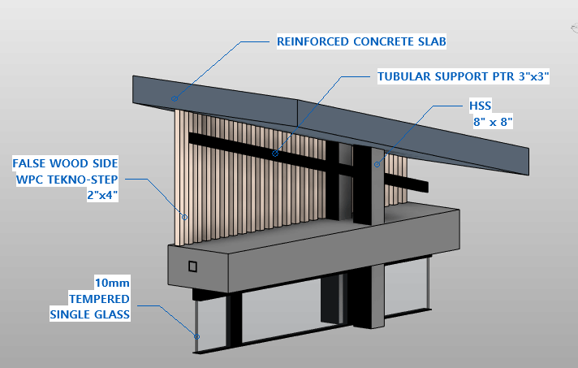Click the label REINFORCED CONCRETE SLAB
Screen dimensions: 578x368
coord(361,41)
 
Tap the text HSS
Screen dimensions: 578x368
coord(480,106)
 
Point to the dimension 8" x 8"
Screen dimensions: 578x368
coord(493,122)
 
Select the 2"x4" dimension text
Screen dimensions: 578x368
coord(102,195)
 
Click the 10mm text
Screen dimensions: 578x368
coord(112,283)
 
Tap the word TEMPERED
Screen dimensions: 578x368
coord(99,299)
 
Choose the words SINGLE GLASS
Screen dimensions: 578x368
coord(90,314)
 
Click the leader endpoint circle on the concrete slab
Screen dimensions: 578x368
coord(175,98)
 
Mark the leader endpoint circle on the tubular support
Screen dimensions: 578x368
coord(275,154)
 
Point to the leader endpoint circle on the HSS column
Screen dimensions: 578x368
coord(377,164)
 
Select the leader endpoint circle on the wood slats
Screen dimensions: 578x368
coord(184,217)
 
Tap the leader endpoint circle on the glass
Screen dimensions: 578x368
coord(196,336)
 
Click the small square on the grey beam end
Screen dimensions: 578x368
coord(192,266)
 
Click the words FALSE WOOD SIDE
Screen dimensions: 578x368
coord(65,163)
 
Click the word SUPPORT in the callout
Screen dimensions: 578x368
coord(462,76)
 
